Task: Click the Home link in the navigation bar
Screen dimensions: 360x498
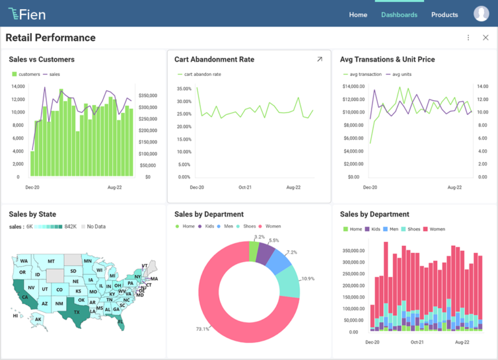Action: pos(358,15)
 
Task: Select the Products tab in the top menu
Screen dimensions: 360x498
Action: pos(444,15)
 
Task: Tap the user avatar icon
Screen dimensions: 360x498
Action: pos(481,14)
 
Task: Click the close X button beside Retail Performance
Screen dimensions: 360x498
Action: pos(486,38)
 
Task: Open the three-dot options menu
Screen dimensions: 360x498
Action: pos(468,38)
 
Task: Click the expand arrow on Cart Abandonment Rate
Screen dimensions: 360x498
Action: pos(319,60)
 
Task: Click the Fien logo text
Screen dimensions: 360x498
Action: pos(32,14)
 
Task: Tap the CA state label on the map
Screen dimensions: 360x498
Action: pos(25,298)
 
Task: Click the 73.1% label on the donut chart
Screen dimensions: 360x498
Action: pos(202,329)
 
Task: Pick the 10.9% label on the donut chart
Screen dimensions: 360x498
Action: pos(308,278)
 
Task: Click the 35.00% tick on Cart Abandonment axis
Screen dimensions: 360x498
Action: pos(184,89)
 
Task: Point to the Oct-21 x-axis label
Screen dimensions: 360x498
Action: pos(245,187)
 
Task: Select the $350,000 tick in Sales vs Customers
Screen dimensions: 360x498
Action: pos(148,95)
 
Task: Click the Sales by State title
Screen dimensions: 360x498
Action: pos(32,214)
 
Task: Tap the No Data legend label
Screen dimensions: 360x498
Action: pos(96,226)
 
